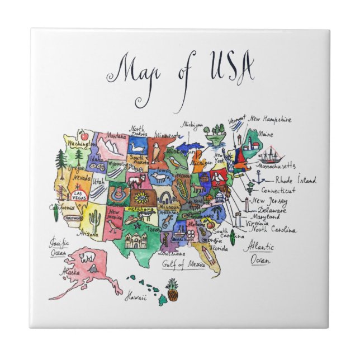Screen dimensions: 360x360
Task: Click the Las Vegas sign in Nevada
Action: click(79, 195)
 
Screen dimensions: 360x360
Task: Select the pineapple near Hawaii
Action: click(172, 289)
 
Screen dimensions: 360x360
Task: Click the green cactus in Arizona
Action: click(94, 222)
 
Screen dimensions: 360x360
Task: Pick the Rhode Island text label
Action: click(295, 180)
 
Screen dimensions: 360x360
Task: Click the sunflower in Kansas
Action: click(139, 197)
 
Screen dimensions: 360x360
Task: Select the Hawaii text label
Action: click(135, 297)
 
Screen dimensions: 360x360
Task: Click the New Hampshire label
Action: click(271, 119)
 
